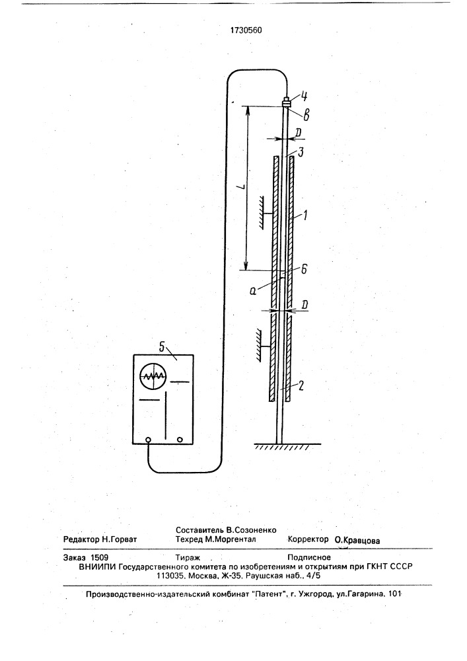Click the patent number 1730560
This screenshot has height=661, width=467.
click(x=246, y=30)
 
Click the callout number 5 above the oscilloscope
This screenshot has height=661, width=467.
click(x=162, y=347)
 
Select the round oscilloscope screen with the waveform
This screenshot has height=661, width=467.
click(x=153, y=377)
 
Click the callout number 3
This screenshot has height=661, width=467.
click(x=300, y=152)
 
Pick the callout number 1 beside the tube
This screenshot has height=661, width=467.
click(x=306, y=215)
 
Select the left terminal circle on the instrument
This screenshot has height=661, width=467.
click(x=148, y=440)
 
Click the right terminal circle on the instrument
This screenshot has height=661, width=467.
click(x=180, y=440)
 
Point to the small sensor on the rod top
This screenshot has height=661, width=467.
click(x=287, y=101)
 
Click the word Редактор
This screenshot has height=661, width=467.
click(x=81, y=539)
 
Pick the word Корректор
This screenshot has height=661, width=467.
click(x=308, y=539)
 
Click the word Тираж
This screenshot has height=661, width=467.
click(x=188, y=557)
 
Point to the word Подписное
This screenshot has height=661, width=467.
click(x=309, y=557)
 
